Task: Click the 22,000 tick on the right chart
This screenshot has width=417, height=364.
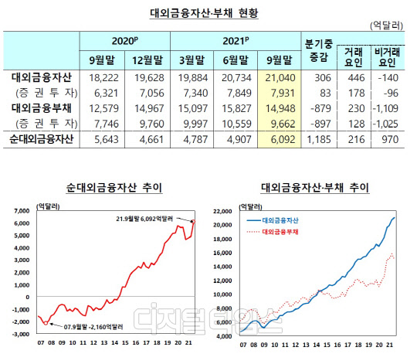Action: pyautogui.click(x=226, y=210)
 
